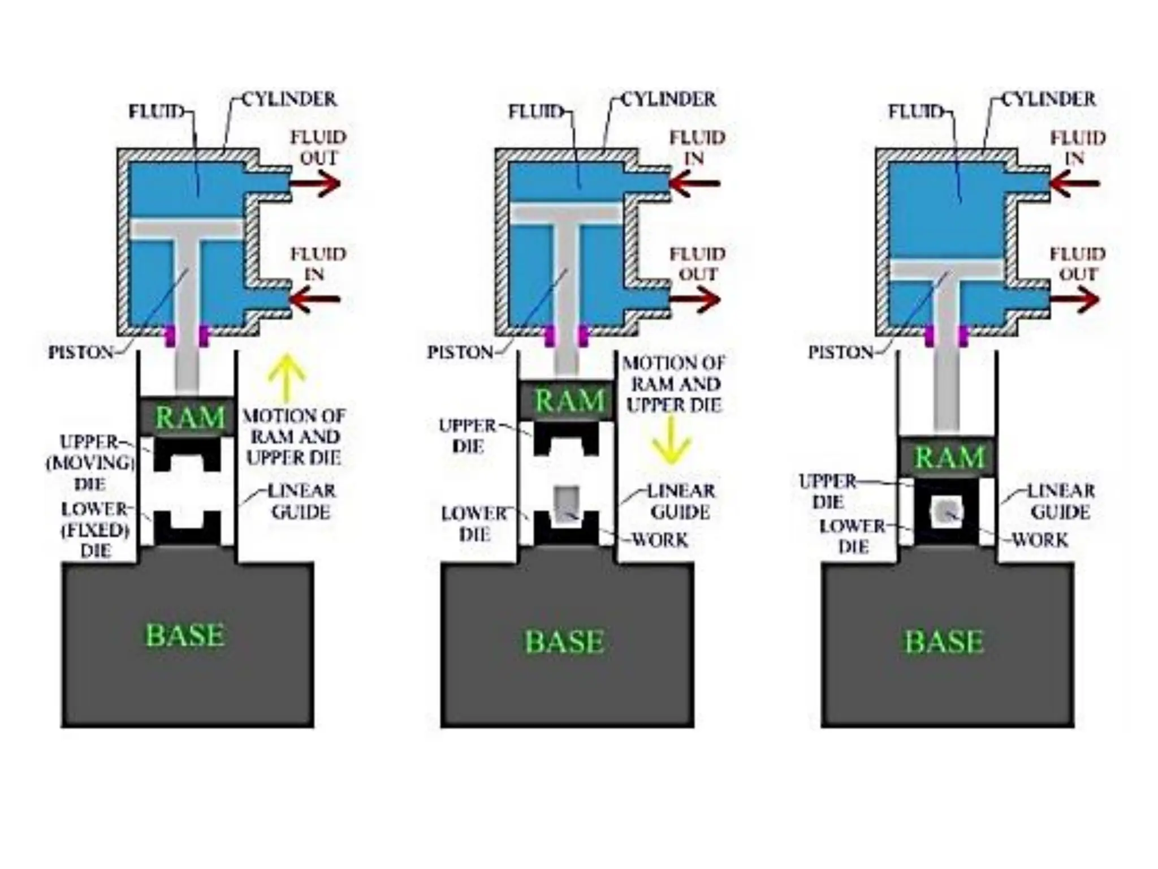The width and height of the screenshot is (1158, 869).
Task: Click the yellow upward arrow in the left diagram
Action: (x=287, y=376)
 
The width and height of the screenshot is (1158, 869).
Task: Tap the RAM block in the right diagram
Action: (x=948, y=457)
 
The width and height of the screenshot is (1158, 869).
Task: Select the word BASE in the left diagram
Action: (x=185, y=635)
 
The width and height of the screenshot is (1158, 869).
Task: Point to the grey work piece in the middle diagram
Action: (x=566, y=503)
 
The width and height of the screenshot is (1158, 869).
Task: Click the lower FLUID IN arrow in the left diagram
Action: (x=317, y=299)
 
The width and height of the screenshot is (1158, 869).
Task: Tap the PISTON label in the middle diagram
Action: (x=460, y=352)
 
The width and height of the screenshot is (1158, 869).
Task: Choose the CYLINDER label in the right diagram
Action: (x=1049, y=100)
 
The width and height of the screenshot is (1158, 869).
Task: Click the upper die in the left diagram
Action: (x=187, y=453)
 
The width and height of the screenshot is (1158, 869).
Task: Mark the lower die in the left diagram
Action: (x=187, y=530)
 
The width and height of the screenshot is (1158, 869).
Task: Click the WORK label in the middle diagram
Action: (x=660, y=540)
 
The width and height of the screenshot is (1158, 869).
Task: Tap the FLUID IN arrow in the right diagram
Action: (x=1075, y=183)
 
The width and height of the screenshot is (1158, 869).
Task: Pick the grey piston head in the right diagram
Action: (x=948, y=270)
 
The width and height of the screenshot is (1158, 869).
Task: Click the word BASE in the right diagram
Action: (x=944, y=642)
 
